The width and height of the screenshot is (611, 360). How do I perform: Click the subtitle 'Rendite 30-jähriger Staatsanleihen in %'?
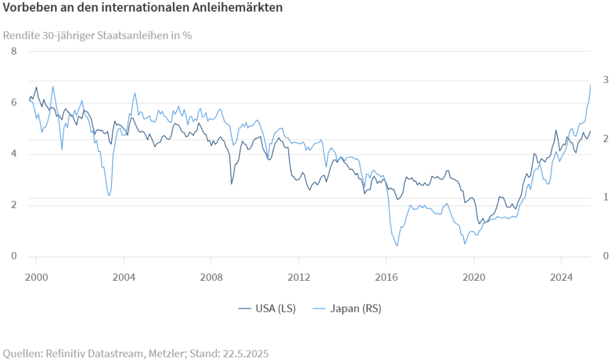(x=97, y=35)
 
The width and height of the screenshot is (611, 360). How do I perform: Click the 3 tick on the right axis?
(x=605, y=79)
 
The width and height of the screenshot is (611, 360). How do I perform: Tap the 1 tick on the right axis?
(x=605, y=197)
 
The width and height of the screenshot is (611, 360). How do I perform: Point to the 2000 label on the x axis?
(x=36, y=276)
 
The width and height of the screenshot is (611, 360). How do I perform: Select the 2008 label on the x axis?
(x=211, y=276)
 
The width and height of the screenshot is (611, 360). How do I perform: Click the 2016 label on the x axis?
(x=386, y=276)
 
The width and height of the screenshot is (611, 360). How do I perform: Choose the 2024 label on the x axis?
(x=561, y=276)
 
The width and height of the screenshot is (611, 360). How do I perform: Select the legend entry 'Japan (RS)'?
(x=346, y=309)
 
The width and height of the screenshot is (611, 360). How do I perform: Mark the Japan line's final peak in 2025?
(x=590, y=85)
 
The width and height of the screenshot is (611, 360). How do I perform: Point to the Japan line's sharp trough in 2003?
(x=109, y=196)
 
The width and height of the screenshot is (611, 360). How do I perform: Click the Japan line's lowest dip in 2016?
(x=396, y=245)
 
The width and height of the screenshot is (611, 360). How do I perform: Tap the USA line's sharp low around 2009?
(x=231, y=184)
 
